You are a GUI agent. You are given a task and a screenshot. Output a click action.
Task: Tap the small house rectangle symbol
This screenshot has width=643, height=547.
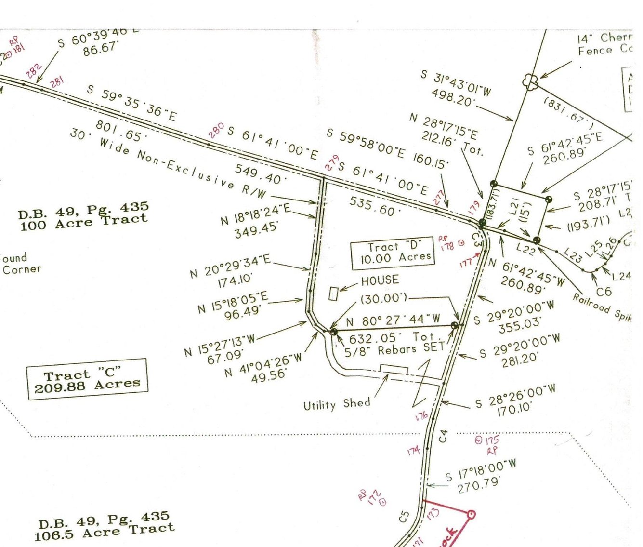coord(333,294)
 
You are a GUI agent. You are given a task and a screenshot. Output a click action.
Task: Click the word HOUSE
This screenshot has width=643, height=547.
coord(380,280)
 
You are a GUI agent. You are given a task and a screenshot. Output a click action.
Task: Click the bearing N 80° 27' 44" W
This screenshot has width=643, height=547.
coord(393,320)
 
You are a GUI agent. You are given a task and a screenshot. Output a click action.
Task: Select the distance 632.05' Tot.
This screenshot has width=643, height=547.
coord(392,338)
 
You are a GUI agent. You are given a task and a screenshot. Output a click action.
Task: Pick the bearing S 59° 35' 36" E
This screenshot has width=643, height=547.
coord(131,103)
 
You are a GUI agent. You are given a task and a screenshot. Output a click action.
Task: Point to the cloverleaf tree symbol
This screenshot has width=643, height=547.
coord(530,82)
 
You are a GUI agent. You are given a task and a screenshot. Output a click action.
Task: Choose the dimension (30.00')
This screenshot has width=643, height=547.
coord(383,299)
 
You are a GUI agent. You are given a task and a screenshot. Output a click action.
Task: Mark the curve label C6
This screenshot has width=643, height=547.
coord(604,291)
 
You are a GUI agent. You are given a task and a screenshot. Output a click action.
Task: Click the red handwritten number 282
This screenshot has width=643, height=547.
coord(34,71)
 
